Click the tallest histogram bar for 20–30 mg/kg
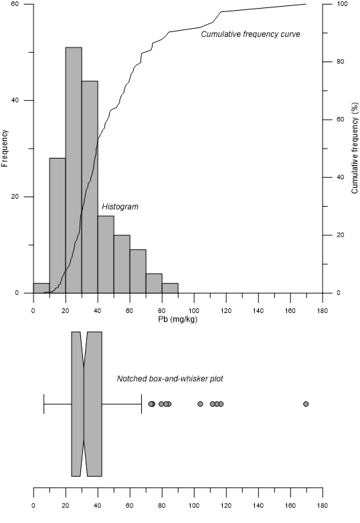tap(74, 170)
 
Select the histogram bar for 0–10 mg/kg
tap(41, 288)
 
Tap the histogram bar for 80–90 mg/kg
tap(170, 288)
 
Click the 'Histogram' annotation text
tap(120, 207)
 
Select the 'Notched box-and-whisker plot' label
tap(170, 379)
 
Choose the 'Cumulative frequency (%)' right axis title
tap(353, 148)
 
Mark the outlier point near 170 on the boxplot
tap(306, 404)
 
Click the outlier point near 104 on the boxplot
tap(200, 404)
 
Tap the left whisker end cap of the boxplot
tap(43, 404)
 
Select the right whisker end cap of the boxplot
tap(141, 404)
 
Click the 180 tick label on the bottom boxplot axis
tap(322, 506)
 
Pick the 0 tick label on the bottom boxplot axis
tap(33, 506)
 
